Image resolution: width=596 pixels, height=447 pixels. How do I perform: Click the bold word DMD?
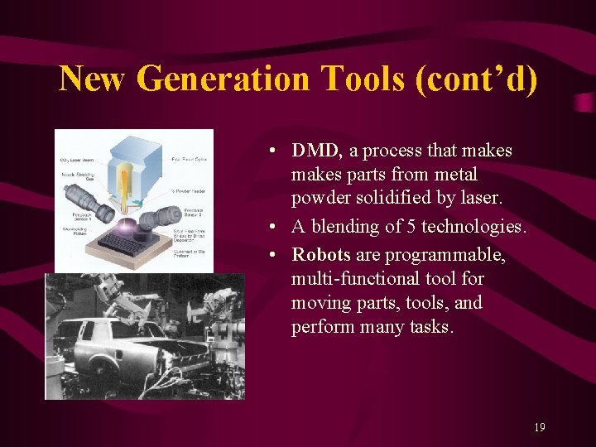[316, 151]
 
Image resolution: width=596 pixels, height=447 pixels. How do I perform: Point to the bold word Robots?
[321, 254]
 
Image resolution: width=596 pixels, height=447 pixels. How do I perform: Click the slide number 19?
[540, 427]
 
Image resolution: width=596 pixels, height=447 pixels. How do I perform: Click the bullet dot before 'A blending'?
[272, 227]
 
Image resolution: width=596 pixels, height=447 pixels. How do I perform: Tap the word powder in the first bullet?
[320, 199]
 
